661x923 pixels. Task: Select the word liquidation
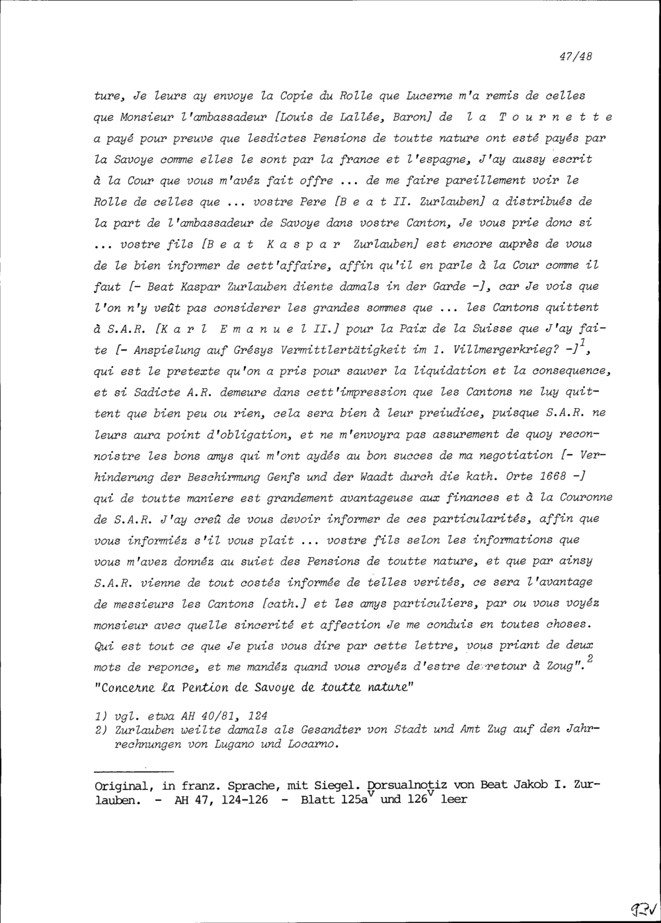click(431, 370)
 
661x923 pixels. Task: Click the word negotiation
click(516, 455)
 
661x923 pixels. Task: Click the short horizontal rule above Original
click(134, 770)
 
